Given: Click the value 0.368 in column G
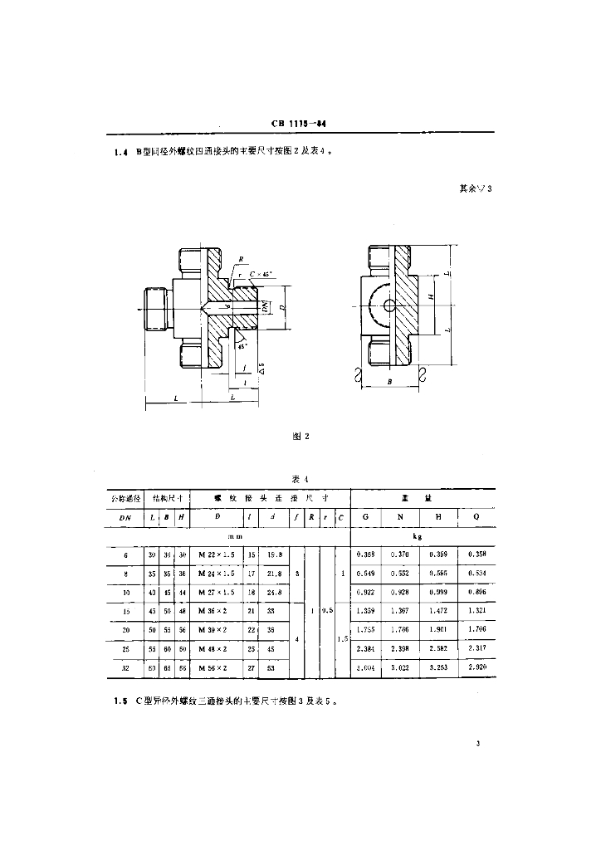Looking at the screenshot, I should point(365,554).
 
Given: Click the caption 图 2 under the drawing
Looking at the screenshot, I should point(300,435).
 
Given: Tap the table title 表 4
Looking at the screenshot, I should point(300,479).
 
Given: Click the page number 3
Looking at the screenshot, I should point(479,744).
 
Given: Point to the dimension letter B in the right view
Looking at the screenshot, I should point(389,382).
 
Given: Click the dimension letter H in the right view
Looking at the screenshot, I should point(431,296).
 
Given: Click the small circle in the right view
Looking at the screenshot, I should point(389,305).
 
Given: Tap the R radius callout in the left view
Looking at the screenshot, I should point(241,258).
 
